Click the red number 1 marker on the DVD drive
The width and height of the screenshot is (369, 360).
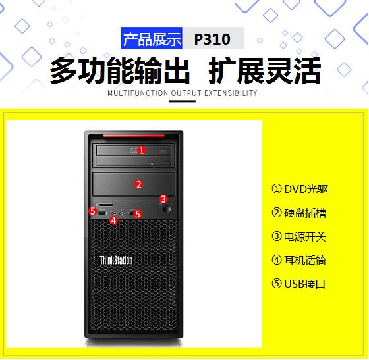tap(142, 150)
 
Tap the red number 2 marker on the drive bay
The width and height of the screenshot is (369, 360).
tap(139, 184)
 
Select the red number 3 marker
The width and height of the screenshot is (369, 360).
tap(163, 199)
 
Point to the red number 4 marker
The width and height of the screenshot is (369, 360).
tap(113, 220)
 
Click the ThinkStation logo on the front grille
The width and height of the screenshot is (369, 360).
tap(116, 261)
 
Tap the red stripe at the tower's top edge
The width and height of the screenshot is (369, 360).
tap(134, 136)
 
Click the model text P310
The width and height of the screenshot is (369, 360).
tap(212, 39)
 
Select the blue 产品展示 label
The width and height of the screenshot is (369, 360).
tap(152, 38)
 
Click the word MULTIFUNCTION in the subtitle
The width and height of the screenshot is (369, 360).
tap(138, 93)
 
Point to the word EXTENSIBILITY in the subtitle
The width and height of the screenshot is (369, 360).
tap(231, 93)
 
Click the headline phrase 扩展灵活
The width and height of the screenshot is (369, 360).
tap(265, 70)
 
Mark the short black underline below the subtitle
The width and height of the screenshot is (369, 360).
tap(183, 101)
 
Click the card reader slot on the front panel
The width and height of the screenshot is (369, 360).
tap(105, 205)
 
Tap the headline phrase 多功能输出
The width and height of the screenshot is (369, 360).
tap(120, 70)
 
